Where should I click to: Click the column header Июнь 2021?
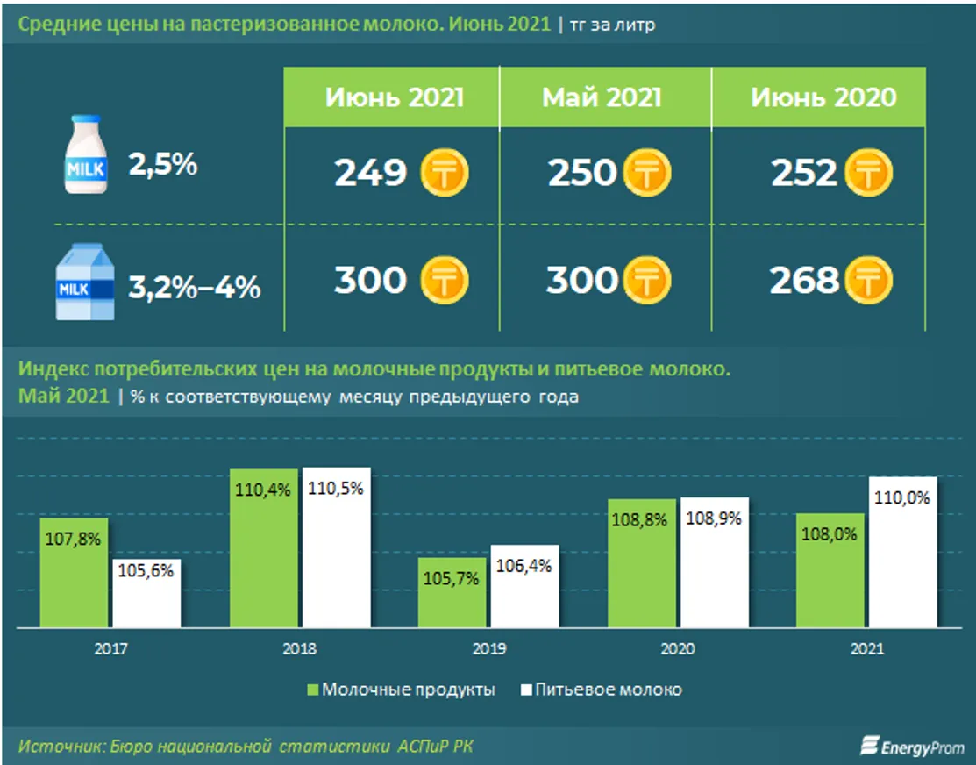394,97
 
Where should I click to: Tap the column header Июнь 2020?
823,97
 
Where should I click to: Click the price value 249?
370,173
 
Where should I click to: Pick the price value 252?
804,173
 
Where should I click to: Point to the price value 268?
804,281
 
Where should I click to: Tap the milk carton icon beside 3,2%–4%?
85,282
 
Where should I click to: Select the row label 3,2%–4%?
194,287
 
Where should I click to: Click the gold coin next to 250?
647,173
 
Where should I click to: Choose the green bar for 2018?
264,548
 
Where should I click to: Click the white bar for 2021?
902,553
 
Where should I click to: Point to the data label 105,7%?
452,580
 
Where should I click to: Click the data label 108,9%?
716,518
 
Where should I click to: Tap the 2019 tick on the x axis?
489,650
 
